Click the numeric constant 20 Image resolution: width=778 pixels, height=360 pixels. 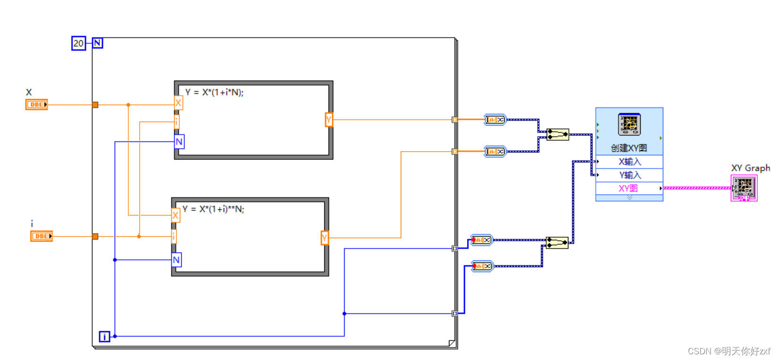(78, 43)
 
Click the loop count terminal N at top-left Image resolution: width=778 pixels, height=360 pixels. (97, 43)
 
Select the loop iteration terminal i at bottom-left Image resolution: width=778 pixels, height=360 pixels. (104, 336)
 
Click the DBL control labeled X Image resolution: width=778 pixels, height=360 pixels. (36, 104)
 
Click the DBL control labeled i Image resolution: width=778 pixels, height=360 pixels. (41, 236)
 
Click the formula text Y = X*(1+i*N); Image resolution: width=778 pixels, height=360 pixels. (214, 92)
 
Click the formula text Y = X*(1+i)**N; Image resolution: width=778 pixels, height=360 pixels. (213, 209)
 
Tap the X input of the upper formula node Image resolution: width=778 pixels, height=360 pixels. (178, 103)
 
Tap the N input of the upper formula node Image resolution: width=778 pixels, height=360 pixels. (179, 142)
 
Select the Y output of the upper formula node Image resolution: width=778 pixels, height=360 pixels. (329, 120)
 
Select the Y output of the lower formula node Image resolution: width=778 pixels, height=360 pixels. (324, 238)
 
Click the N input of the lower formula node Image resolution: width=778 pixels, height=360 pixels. (176, 260)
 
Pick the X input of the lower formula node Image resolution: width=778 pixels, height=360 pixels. (175, 216)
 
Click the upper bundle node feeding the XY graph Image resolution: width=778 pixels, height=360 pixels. (558, 134)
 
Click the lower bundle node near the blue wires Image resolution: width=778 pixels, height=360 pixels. (557, 243)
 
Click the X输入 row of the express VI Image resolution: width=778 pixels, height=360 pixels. (629, 162)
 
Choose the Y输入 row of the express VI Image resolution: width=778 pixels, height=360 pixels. (629, 175)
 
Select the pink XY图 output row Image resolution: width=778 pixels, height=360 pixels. (628, 188)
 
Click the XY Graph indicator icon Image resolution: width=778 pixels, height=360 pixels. (744, 188)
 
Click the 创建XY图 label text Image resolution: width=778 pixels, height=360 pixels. (629, 148)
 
